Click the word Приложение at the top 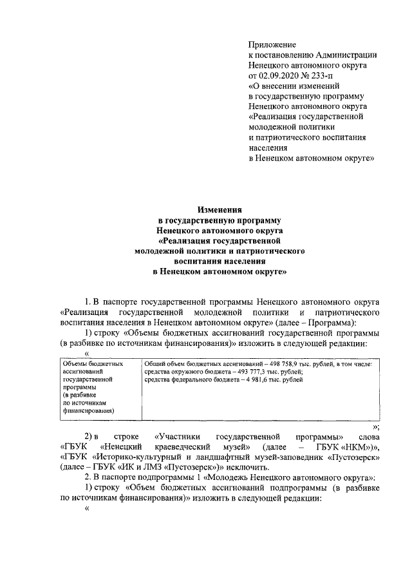pos(272,45)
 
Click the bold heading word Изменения pos(219,209)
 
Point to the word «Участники pos(175,436)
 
